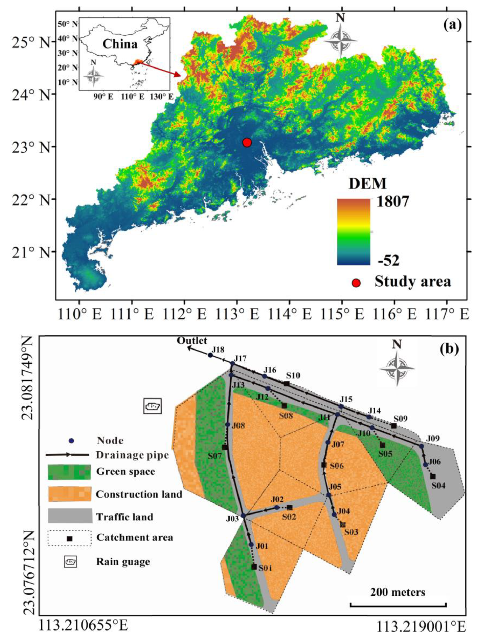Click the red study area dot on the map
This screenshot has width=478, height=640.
coord(247,142)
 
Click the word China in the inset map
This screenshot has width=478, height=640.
coord(120,44)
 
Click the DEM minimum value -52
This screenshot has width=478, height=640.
coord(388,260)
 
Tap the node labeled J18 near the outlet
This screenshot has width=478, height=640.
coord(211,355)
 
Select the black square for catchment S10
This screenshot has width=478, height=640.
coord(286,384)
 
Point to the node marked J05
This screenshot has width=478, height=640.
coord(328,495)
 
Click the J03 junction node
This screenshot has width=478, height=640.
coord(243,516)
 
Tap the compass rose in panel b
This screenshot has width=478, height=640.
coord(397,369)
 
